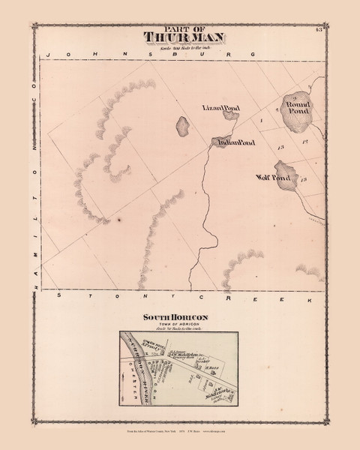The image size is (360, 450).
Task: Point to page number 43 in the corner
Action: [319, 30]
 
